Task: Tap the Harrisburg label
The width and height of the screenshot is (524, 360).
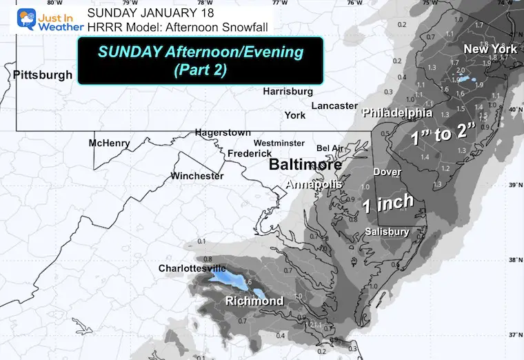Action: pos(288,91)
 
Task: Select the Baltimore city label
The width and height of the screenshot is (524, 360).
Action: pos(305,166)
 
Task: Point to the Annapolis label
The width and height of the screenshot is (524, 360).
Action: pos(315,185)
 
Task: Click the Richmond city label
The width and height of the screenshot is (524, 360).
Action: pos(254,301)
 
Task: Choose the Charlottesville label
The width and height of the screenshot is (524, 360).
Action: pos(192,268)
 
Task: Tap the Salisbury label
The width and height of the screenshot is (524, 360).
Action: pos(387,232)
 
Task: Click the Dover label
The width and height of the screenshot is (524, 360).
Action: pos(387,172)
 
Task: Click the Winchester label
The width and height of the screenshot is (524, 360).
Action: pos(197,176)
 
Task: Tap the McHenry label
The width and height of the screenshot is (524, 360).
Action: pos(109,143)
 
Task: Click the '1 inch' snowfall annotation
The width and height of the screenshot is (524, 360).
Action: pos(389,201)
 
